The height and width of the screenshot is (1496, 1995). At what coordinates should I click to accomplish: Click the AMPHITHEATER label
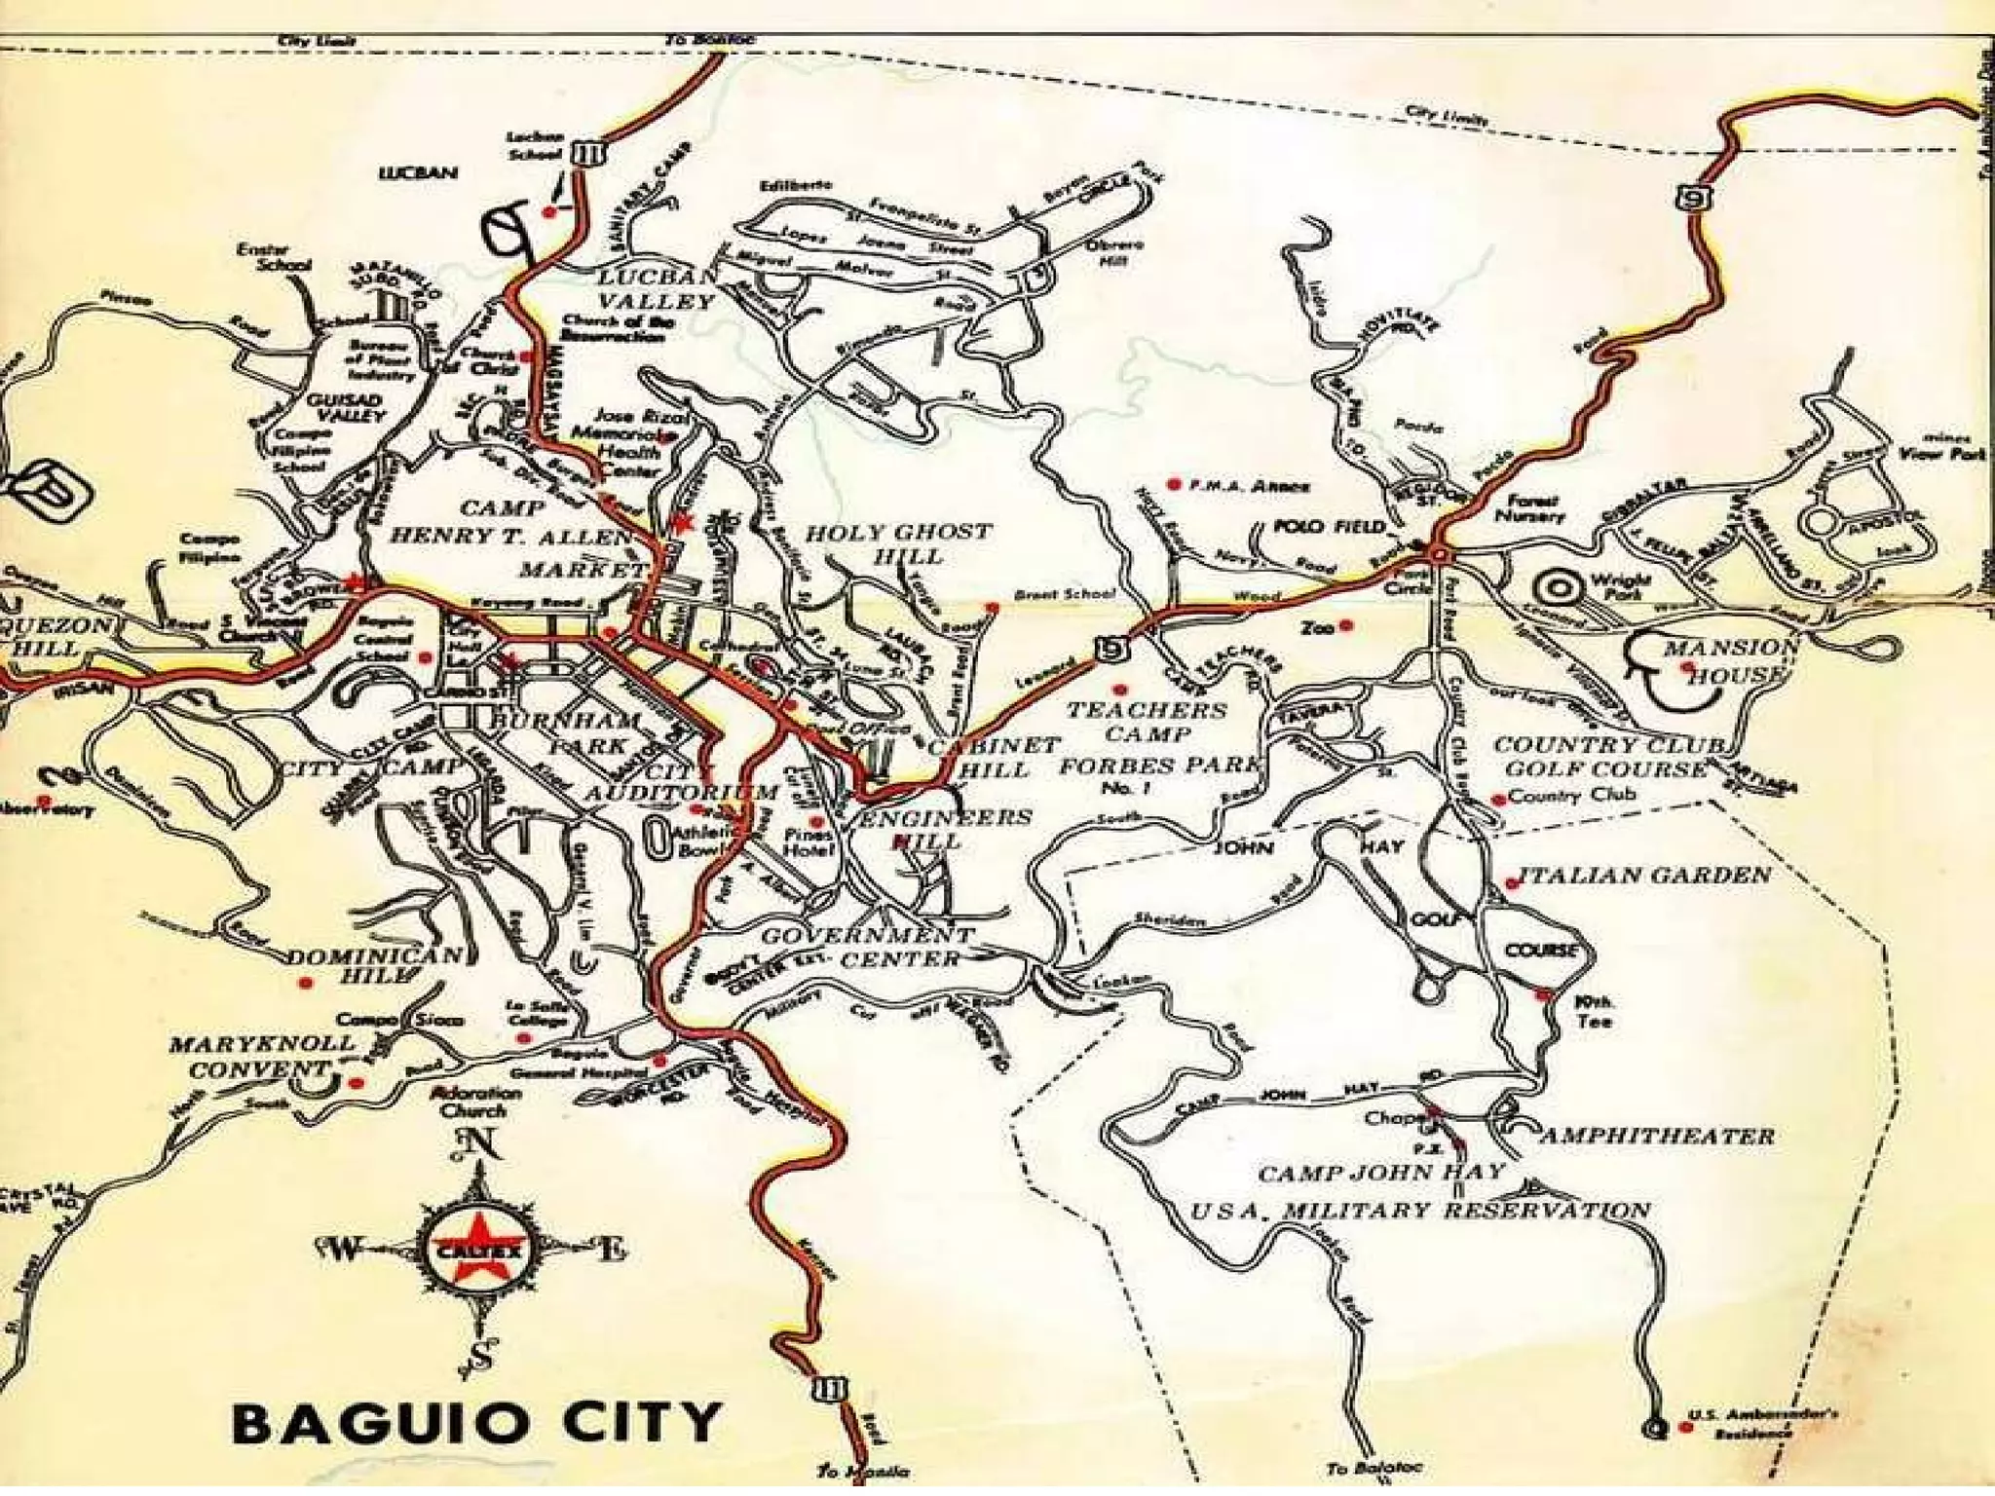tap(1656, 1136)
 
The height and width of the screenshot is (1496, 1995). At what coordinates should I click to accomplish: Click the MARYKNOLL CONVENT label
tap(261, 1056)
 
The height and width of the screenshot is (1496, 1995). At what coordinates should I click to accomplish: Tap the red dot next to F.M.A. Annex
tap(1174, 484)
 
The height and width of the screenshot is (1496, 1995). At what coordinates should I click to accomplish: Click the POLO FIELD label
tap(1329, 526)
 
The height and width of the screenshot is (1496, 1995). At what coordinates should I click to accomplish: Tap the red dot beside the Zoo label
tap(1346, 626)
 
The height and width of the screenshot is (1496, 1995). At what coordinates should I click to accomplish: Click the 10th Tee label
tap(1594, 1011)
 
